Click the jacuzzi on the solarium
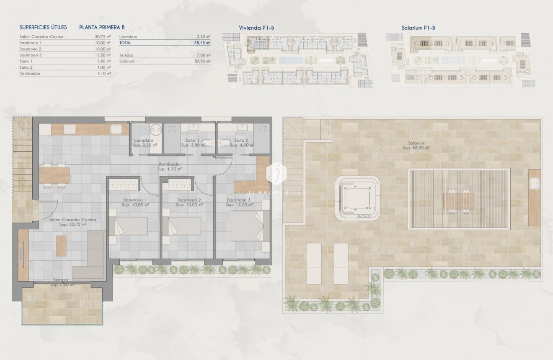357,198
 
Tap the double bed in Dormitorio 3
247,226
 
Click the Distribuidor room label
169,164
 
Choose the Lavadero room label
144,140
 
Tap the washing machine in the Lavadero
156,130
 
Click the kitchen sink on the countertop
116,129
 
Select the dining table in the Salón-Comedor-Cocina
55,175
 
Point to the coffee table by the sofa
61,246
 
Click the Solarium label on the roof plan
415,143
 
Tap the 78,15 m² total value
204,43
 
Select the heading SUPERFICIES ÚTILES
43,28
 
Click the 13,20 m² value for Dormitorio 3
103,55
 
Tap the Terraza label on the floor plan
61,280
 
